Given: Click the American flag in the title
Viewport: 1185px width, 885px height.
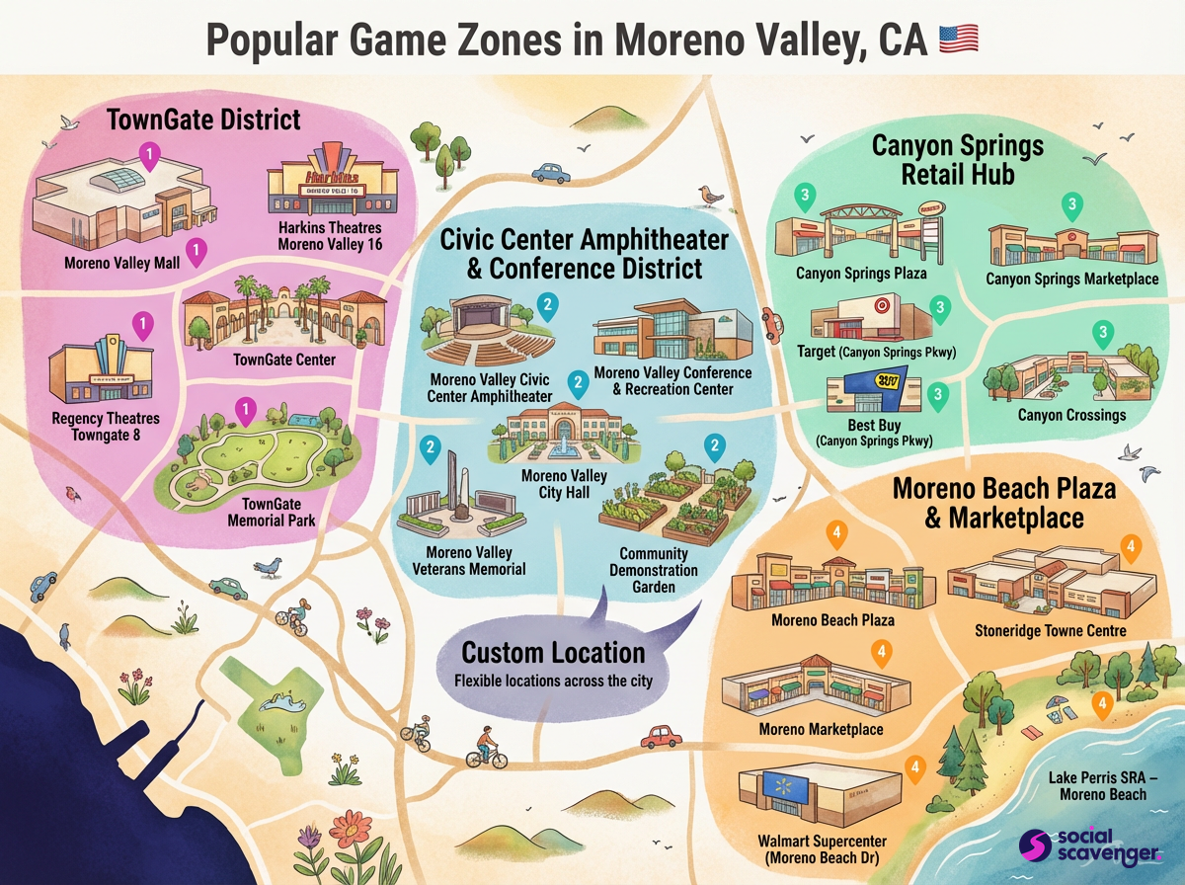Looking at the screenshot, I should click(958, 40).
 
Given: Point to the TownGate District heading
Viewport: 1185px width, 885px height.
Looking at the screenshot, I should click(203, 121).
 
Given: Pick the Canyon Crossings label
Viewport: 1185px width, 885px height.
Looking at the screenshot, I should click(1071, 415).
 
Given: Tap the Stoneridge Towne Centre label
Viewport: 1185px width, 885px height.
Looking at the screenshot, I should click(1051, 630).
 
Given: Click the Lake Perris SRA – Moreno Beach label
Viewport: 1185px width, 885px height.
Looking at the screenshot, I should click(1098, 785).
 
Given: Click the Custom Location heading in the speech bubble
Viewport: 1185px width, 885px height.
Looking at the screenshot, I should click(553, 653).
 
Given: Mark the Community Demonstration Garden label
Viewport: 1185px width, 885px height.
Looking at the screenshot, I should click(653, 571).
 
